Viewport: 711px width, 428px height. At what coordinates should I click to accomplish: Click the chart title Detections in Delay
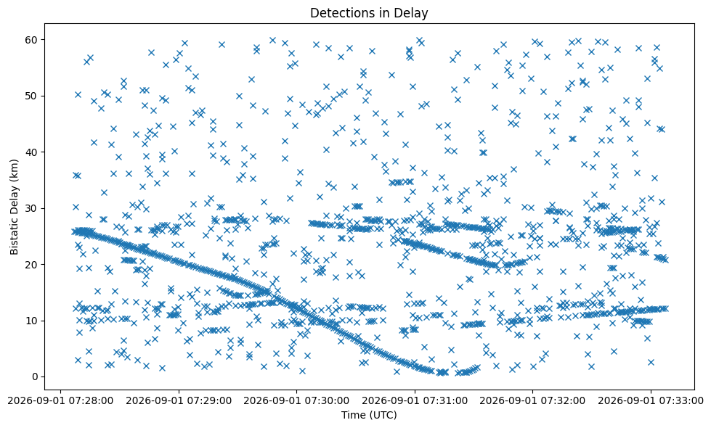pos(369,13)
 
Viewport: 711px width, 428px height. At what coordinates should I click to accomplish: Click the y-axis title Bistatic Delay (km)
pos(14,207)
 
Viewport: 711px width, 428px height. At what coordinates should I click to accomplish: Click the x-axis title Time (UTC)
pos(369,415)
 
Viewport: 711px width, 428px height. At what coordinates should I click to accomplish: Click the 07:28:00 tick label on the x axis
pos(61,401)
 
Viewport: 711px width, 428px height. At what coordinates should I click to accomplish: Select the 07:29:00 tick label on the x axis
pos(179,401)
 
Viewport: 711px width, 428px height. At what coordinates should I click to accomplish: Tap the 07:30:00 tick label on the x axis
pos(296,401)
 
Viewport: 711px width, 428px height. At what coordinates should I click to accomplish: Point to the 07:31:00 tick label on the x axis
pos(415,401)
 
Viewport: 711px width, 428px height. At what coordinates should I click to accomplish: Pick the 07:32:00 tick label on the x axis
pos(532,401)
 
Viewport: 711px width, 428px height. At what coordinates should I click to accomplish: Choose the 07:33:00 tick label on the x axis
pos(650,401)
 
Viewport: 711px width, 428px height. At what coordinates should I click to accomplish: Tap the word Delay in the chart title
pos(411,14)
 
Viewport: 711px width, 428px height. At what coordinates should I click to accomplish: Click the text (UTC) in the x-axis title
pos(383,415)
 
